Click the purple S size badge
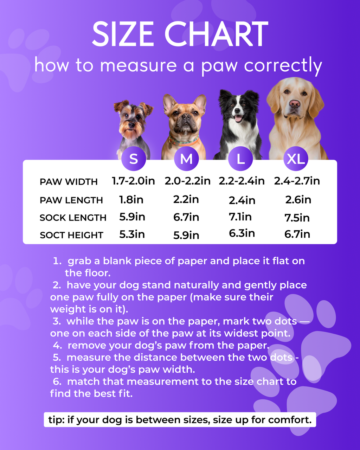[134, 159]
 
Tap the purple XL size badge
[296, 159]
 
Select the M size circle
[186, 159]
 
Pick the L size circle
[240, 159]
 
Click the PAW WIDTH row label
[69, 182]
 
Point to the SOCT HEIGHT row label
[71, 235]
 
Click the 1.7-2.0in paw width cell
[133, 181]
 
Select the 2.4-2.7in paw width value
[297, 181]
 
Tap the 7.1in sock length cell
[240, 217]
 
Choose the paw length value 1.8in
[131, 200]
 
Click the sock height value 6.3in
[242, 233]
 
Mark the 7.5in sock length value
[297, 218]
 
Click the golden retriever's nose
[295, 103]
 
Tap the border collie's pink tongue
[238, 118]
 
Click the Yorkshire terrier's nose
[131, 124]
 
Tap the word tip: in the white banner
[56, 420]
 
